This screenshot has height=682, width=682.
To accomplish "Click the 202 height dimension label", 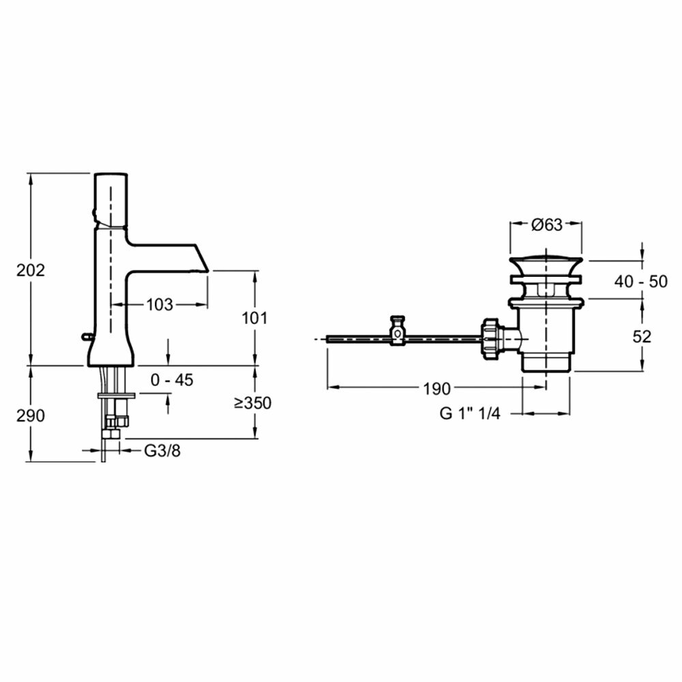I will point(31,269).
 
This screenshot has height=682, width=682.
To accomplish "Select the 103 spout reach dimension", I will point(160,305).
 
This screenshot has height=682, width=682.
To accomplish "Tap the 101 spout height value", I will point(254,318).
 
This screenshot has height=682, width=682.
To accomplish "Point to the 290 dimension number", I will point(31,415).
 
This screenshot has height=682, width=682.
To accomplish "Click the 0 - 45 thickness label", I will point(172,380).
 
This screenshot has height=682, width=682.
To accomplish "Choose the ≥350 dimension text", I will point(252,403).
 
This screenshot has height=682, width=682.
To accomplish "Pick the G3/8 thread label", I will point(163,450).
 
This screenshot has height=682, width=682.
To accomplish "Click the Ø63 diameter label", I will point(546,224).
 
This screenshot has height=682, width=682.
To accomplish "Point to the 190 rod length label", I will point(436,389).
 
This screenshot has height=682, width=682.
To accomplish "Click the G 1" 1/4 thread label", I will point(470,414).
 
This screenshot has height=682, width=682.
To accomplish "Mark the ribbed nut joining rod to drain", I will point(490,336).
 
